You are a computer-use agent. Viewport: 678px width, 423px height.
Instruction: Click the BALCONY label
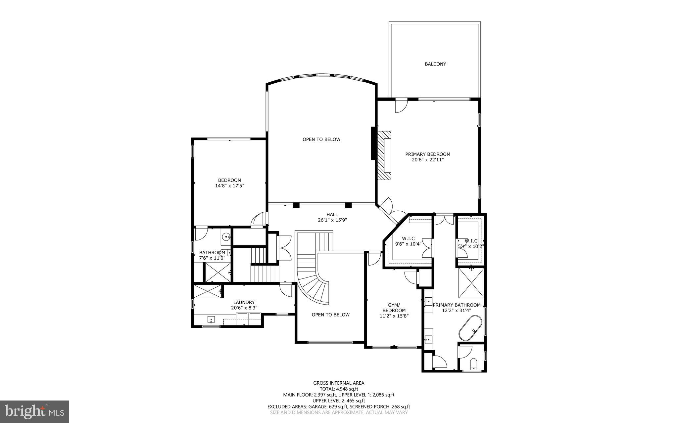435,64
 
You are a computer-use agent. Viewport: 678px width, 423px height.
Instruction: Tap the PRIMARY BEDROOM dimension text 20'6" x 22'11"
428,160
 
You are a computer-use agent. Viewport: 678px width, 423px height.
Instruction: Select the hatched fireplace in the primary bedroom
384,155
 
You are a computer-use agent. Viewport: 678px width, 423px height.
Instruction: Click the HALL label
332,215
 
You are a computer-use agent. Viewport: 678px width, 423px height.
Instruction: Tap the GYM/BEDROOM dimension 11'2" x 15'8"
394,316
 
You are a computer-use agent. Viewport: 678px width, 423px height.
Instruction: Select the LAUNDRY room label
244,302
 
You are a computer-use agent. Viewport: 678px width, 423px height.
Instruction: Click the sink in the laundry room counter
211,319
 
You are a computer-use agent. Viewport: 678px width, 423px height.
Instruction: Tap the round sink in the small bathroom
226,237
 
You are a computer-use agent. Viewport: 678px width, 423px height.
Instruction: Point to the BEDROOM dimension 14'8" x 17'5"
229,186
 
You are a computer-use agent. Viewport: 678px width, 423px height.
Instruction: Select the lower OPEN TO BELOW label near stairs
330,315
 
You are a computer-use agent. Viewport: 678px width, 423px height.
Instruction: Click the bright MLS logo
34,411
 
